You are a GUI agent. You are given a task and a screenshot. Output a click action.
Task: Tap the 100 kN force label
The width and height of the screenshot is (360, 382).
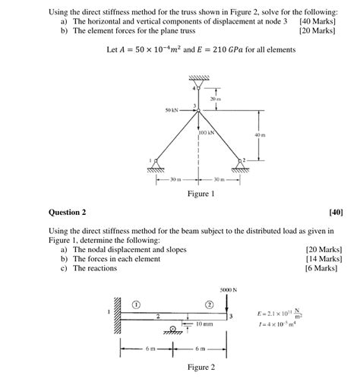[x=207, y=133]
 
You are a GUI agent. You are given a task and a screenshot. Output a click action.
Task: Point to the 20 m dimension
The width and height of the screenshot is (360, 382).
[x=215, y=99]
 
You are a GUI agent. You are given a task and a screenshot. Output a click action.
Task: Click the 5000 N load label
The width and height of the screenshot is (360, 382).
[x=228, y=289]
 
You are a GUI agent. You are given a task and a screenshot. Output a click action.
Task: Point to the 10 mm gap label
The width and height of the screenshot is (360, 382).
[x=203, y=325]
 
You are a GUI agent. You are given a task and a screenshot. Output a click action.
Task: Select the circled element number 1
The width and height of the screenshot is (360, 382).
[x=136, y=303]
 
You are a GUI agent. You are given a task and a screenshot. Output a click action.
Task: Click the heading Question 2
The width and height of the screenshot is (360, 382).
[x=67, y=212]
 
